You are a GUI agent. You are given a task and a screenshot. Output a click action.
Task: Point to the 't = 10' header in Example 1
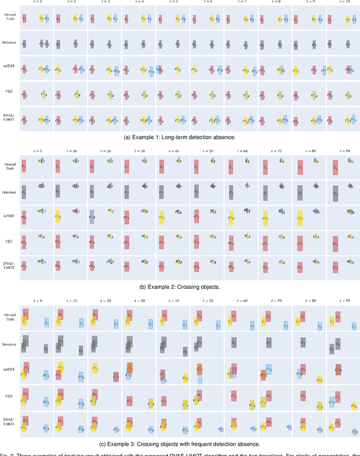(x=343, y=2)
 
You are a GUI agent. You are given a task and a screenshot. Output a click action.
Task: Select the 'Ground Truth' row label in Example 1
(x=9, y=19)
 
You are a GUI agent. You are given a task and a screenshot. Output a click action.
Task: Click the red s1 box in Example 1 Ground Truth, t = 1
(x=24, y=19)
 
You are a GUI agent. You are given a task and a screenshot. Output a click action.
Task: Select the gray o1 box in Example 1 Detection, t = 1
(x=24, y=43)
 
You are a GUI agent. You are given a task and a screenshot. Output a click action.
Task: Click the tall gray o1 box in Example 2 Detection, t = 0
(x=24, y=191)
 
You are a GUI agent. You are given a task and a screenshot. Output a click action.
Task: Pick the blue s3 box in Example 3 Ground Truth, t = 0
(x=46, y=323)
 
